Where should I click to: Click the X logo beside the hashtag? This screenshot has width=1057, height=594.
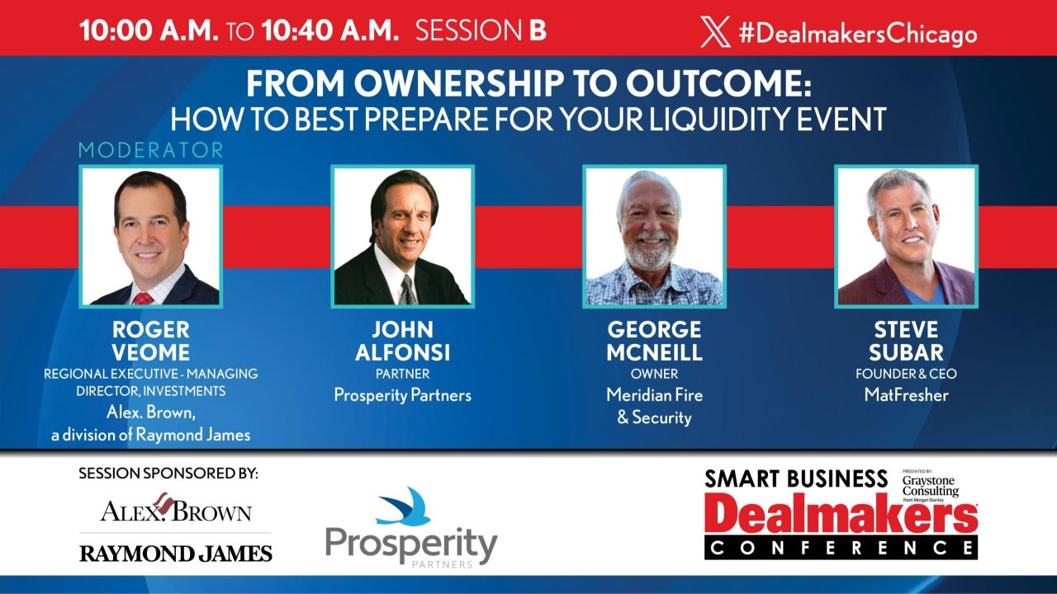[x=715, y=32]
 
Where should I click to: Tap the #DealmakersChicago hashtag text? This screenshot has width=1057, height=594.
[x=857, y=33]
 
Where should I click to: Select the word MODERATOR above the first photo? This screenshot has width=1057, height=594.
[x=151, y=150]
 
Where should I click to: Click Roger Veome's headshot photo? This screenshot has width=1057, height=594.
[x=151, y=237]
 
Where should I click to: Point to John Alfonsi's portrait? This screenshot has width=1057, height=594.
[x=402, y=237]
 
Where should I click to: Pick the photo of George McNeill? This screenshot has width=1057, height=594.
[x=654, y=237]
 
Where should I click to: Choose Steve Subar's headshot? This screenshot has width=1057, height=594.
[x=906, y=237]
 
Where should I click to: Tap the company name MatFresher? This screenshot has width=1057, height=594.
[x=906, y=394]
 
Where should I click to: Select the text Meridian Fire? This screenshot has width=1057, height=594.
[x=654, y=394]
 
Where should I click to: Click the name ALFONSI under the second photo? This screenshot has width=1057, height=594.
[x=402, y=353]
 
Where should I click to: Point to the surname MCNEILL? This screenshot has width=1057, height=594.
[x=654, y=353]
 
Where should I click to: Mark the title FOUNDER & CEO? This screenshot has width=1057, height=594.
[x=906, y=374]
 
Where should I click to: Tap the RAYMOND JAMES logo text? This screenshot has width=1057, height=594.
[x=176, y=554]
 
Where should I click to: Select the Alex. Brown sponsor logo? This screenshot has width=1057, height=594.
[x=176, y=510]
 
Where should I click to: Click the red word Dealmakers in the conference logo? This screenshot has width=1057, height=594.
[x=841, y=516]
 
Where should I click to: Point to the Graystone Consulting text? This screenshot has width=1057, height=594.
[x=931, y=486]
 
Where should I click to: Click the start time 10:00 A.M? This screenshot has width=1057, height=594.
[x=149, y=31]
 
